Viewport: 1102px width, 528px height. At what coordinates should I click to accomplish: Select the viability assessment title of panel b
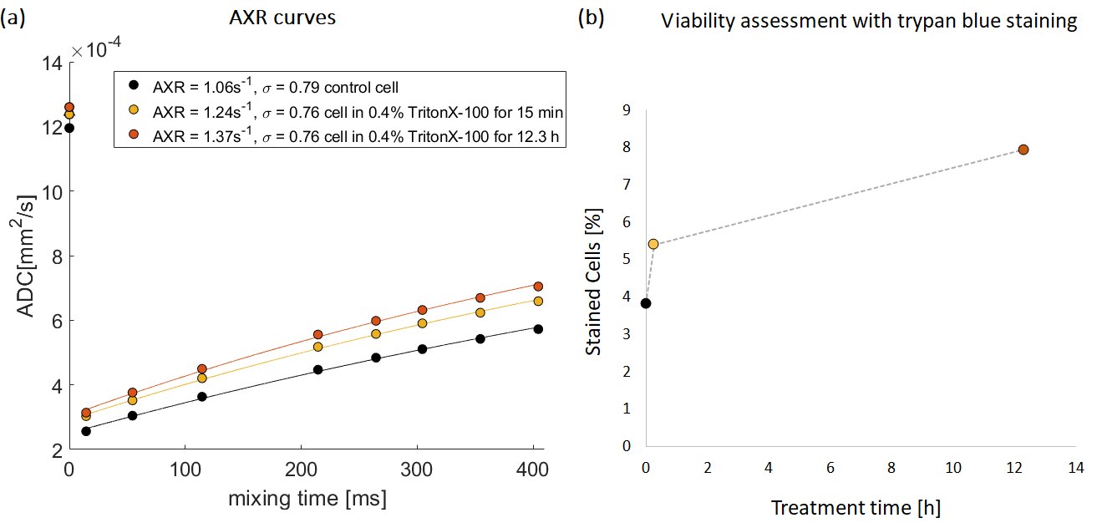click(x=869, y=22)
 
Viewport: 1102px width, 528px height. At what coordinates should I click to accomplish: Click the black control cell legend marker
click(x=132, y=84)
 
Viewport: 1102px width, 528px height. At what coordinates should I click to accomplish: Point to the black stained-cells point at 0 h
click(x=646, y=303)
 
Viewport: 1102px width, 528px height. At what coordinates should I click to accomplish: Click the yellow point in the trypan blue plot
click(x=653, y=244)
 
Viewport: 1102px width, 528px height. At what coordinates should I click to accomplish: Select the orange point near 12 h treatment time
click(x=1023, y=150)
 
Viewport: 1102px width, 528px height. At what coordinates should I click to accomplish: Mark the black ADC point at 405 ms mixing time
click(x=538, y=329)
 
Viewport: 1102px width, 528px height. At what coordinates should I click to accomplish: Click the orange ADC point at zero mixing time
click(x=69, y=107)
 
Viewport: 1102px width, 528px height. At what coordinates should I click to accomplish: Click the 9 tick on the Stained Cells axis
click(x=626, y=109)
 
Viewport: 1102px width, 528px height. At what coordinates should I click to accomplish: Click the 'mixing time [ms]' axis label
click(x=307, y=500)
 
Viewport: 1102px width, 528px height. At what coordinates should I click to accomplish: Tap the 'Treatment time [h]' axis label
click(x=856, y=508)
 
